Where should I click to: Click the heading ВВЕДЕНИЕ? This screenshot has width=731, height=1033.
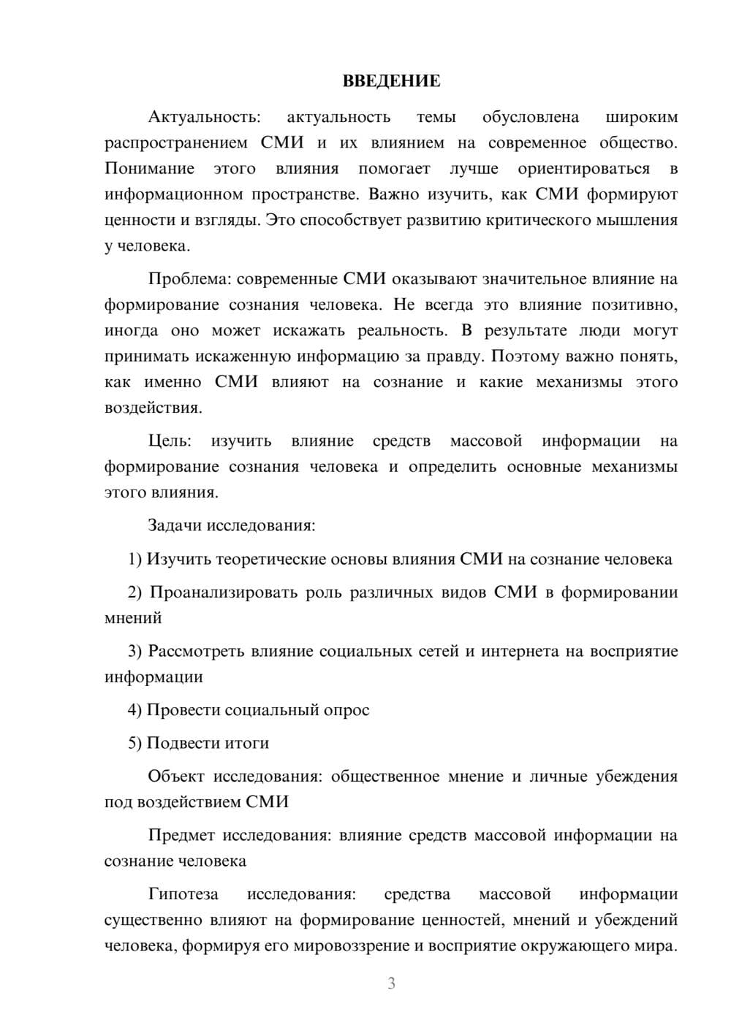pos(391,81)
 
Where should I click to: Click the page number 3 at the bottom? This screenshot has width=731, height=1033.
pos(391,983)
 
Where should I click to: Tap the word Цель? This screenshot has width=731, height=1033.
pos(170,441)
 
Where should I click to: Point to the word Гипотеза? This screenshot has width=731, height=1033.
pos(183,894)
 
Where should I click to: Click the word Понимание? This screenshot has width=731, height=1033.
pos(149,169)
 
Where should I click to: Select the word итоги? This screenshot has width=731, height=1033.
pos(247,743)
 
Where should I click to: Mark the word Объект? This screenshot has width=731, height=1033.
pos(176,777)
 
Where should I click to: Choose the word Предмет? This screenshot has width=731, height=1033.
pos(181,835)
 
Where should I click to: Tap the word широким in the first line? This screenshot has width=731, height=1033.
pos(642,117)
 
